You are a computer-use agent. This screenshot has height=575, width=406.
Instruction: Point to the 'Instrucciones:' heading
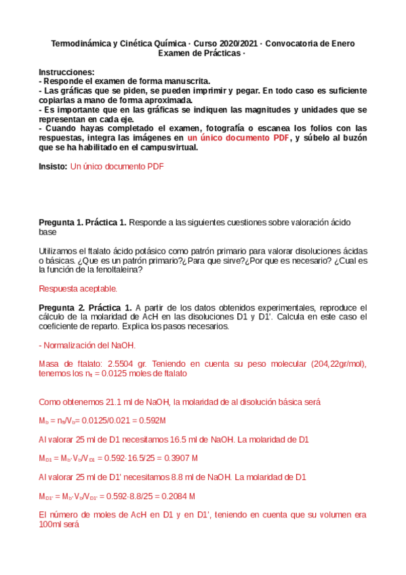[66, 72]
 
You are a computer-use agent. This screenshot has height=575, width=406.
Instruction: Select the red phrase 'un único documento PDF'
[238, 138]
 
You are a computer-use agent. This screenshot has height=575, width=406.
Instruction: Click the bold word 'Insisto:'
[54, 165]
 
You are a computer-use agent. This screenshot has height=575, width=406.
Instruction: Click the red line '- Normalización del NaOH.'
[87, 345]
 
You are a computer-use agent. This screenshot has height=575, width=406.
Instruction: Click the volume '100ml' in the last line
[52, 524]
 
